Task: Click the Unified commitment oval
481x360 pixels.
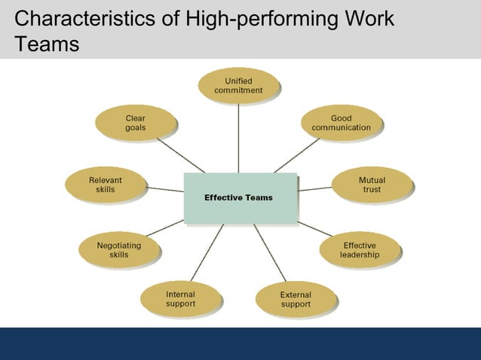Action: point(238,85)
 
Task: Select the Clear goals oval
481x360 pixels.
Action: point(136,124)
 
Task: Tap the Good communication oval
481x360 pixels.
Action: point(341,124)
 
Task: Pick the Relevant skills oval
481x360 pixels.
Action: point(105,185)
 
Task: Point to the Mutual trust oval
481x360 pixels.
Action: point(372,185)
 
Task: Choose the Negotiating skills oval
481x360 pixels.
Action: point(118,250)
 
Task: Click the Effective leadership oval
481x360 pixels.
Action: point(359,250)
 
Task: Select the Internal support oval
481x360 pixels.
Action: point(180,299)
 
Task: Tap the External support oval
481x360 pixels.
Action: point(295,300)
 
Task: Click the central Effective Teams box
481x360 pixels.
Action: point(240,198)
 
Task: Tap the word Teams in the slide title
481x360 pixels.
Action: point(46,44)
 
